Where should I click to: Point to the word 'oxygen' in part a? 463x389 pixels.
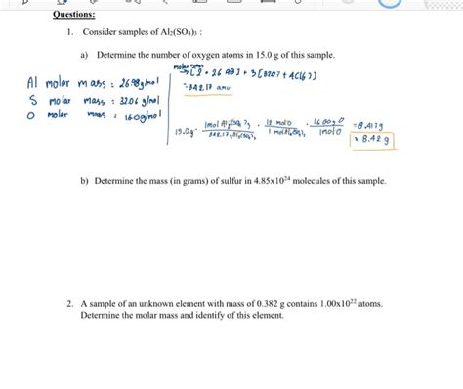click(x=194, y=56)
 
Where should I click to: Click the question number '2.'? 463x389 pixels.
click(x=70, y=305)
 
